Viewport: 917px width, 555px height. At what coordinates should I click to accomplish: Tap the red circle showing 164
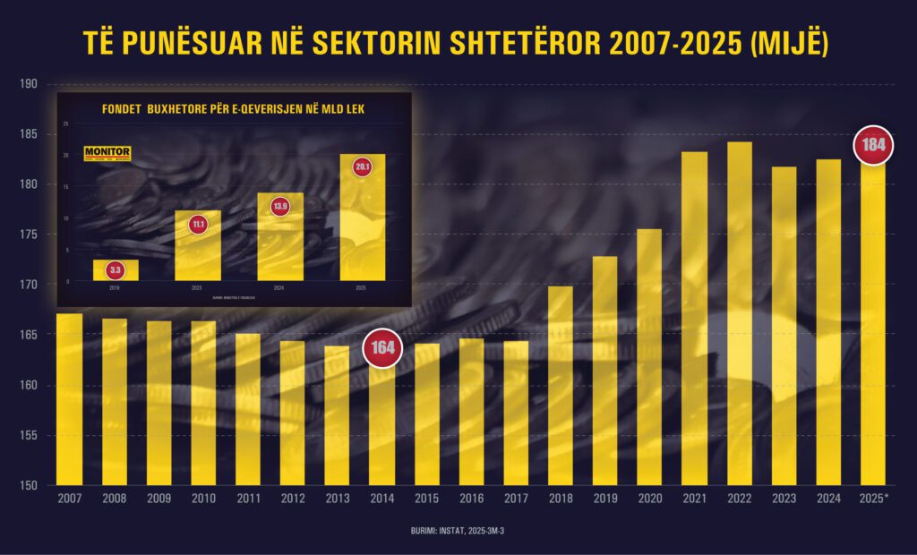point(382,349)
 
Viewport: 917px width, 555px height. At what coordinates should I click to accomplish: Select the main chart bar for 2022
point(739,313)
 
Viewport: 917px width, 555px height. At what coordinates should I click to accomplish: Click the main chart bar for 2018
point(560,386)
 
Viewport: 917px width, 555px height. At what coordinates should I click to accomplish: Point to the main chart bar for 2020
point(649,357)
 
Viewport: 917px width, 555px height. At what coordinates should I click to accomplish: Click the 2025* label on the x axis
point(873,499)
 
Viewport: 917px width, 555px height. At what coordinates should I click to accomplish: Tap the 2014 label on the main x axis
point(382,499)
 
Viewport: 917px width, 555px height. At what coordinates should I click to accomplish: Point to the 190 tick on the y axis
point(29,84)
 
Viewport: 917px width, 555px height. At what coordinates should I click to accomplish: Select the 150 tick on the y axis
point(29,486)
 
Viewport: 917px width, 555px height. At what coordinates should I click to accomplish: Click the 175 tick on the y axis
point(29,235)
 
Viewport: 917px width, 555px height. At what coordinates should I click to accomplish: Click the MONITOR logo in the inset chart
point(107,154)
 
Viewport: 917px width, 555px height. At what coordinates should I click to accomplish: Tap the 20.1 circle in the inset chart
point(363,166)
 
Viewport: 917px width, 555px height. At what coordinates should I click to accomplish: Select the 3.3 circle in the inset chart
point(116,269)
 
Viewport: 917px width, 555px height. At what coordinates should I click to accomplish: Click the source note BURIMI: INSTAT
point(457,530)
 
